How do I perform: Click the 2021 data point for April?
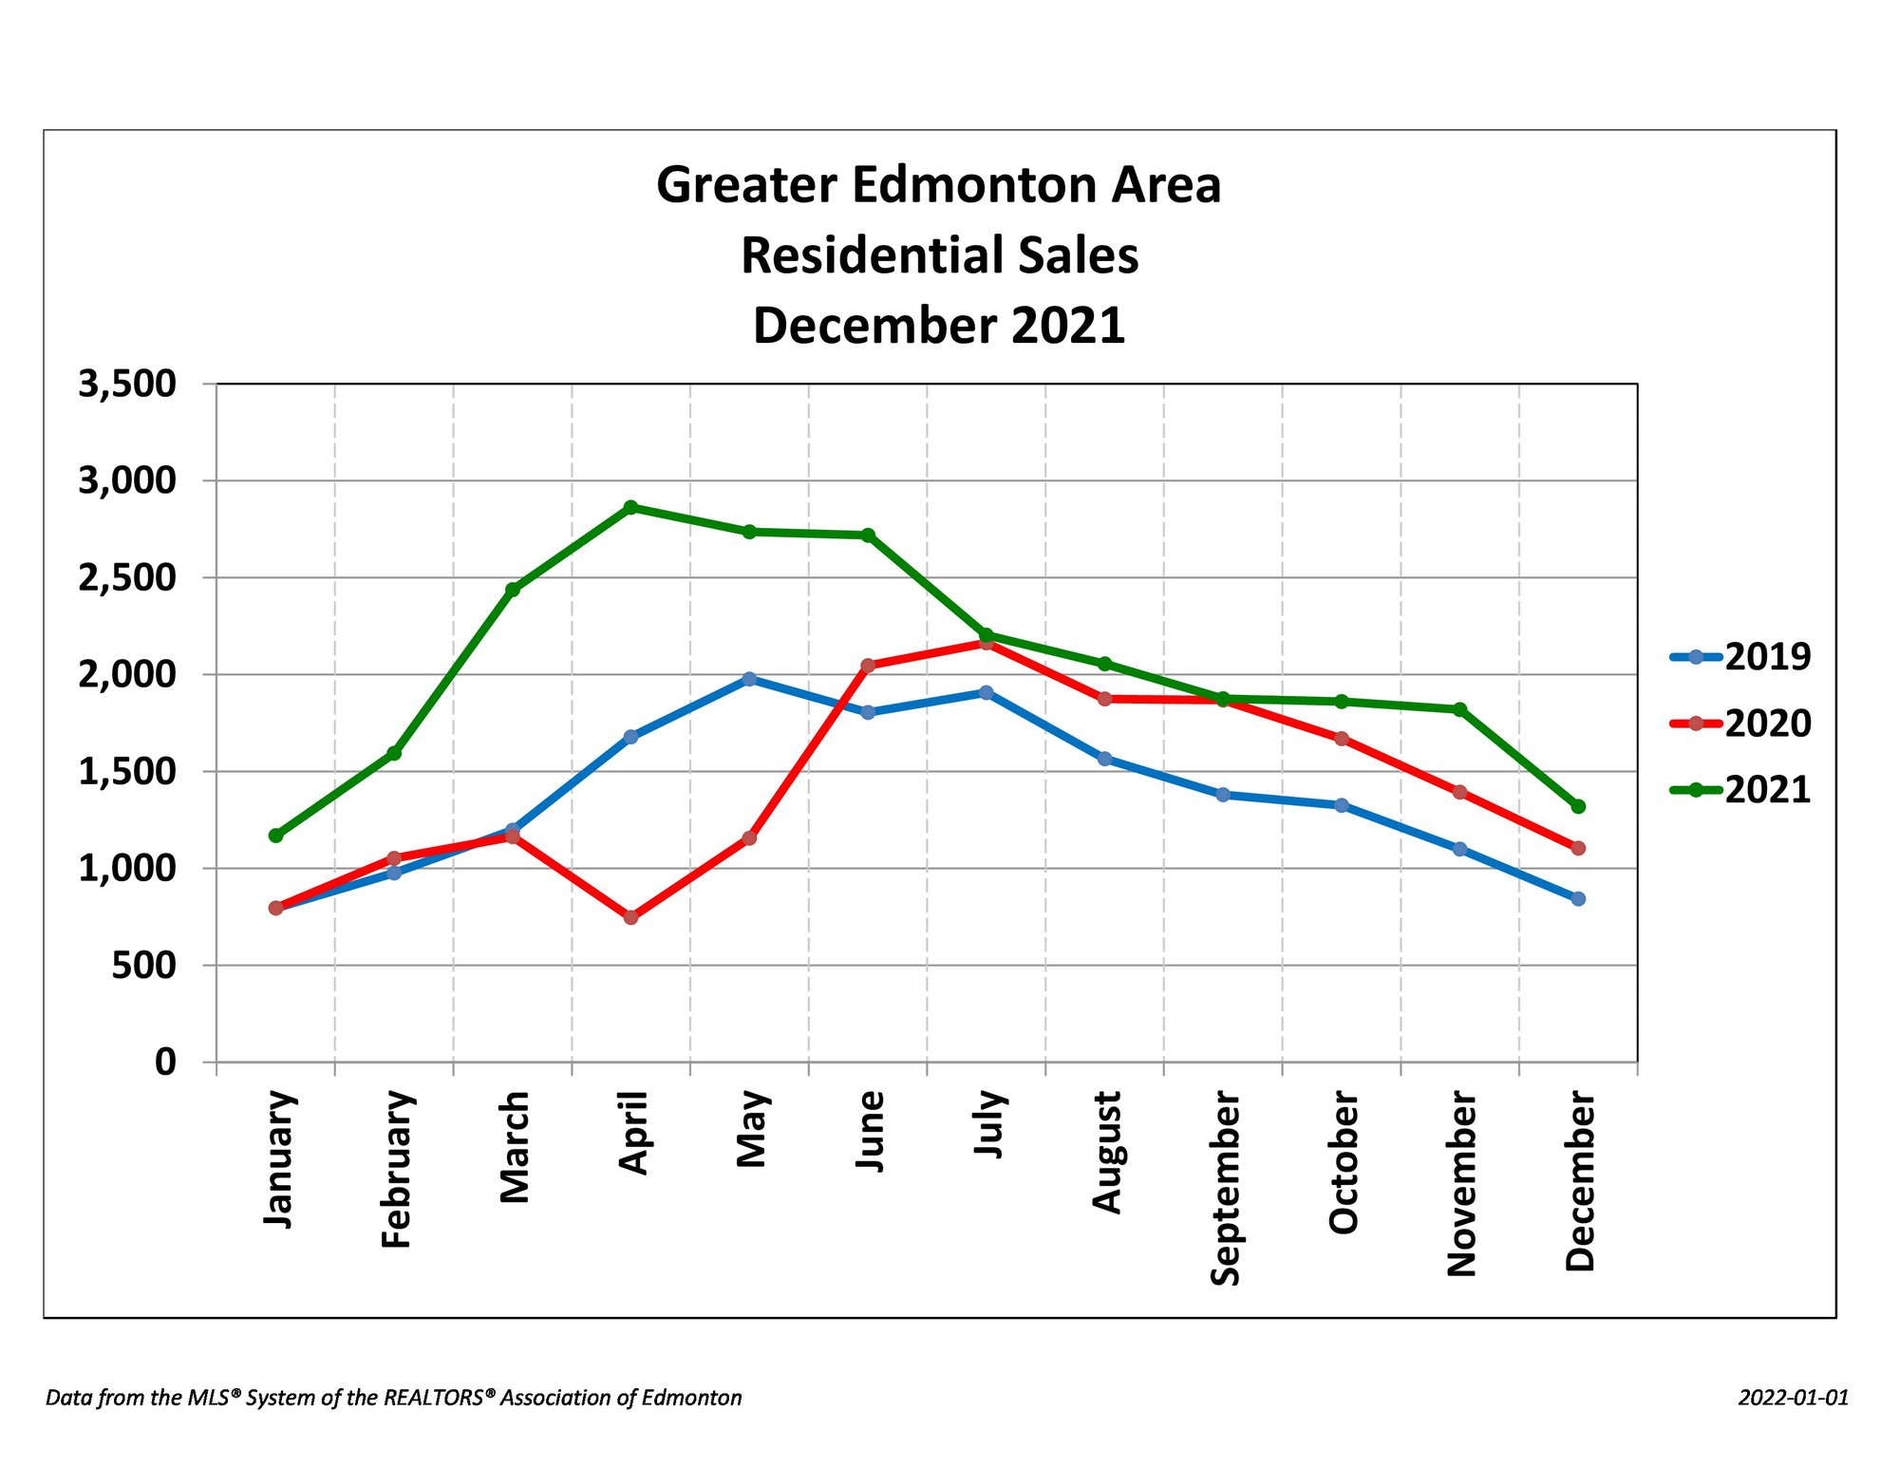click(x=630, y=507)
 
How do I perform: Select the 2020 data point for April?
click(x=630, y=917)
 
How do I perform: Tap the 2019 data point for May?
click(x=749, y=679)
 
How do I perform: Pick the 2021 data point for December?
click(x=1578, y=806)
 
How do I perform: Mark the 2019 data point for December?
click(x=1578, y=898)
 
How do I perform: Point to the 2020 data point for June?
click(x=867, y=666)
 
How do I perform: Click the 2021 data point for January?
click(x=275, y=836)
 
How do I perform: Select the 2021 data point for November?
click(x=1459, y=709)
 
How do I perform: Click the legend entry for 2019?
click(x=1740, y=656)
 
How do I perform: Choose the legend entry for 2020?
click(x=1740, y=724)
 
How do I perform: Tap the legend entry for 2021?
click(x=1740, y=790)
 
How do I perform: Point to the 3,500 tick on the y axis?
click(x=127, y=385)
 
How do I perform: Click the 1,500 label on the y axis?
click(x=127, y=772)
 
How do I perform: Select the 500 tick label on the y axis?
click(x=144, y=966)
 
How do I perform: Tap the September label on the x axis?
click(x=1225, y=1188)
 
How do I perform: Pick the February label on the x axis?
click(x=396, y=1170)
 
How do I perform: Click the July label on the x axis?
click(x=988, y=1124)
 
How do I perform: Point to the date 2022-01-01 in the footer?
click(x=1794, y=1398)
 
